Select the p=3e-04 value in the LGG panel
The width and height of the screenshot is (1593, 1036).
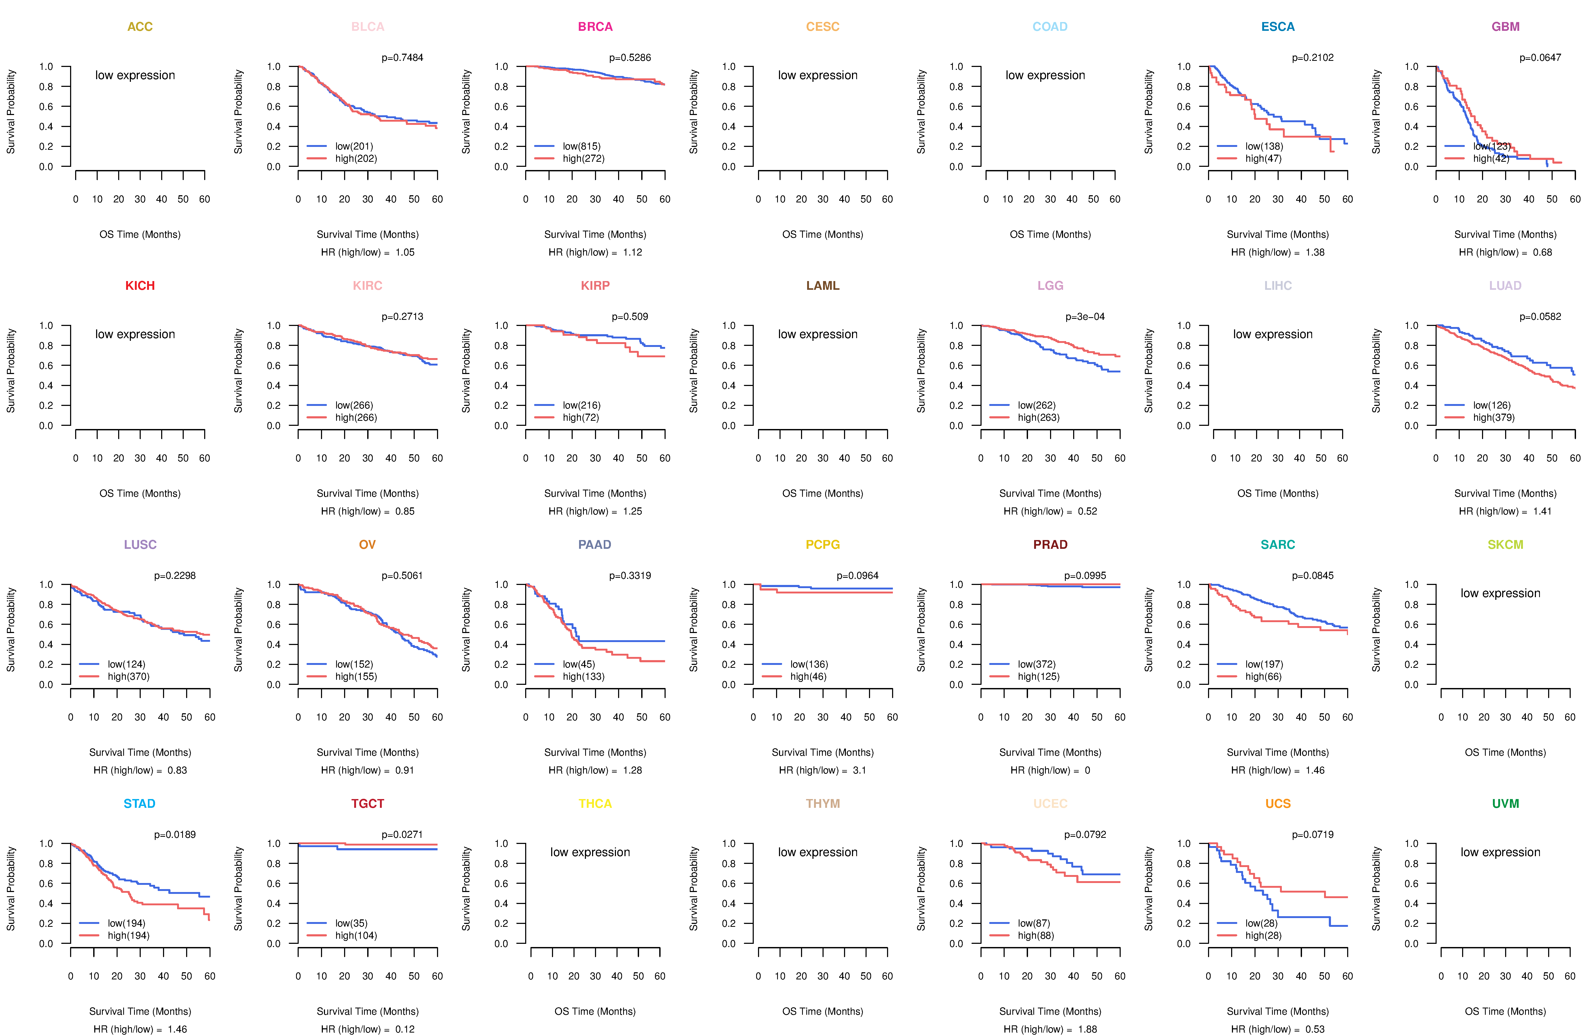pos(1085,317)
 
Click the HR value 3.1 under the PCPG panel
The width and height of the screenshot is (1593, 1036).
pos(859,770)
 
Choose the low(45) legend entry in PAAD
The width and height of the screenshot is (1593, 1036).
pos(578,664)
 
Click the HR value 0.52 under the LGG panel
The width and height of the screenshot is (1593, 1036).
pos(1087,511)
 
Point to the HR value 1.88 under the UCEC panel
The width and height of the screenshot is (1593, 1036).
pos(1087,1029)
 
